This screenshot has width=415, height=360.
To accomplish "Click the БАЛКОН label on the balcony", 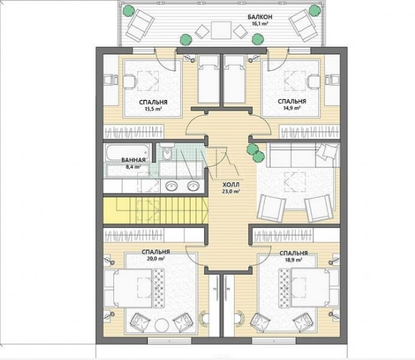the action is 259,17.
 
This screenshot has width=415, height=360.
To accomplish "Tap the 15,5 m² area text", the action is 153,108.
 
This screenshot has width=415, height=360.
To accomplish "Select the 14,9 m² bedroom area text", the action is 292,108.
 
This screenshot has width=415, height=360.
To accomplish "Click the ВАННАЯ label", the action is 134,160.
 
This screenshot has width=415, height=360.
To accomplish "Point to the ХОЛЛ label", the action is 231,184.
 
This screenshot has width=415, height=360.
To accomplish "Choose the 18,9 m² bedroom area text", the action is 294,260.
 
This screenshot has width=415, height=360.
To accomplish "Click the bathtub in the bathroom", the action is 127,152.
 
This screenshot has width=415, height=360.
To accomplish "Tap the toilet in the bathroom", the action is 167,152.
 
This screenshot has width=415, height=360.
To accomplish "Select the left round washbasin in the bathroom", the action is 172,186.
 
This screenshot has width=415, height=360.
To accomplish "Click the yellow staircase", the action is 156,210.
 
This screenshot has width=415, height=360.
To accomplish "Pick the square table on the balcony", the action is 221,30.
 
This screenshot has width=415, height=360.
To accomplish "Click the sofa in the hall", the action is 303,156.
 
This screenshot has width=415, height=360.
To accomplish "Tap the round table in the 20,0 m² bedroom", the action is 161,326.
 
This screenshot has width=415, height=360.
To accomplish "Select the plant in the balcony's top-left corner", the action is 128,11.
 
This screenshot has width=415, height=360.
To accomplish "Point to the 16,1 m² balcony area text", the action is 261,24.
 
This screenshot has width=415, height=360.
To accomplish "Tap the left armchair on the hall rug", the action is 271,208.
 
